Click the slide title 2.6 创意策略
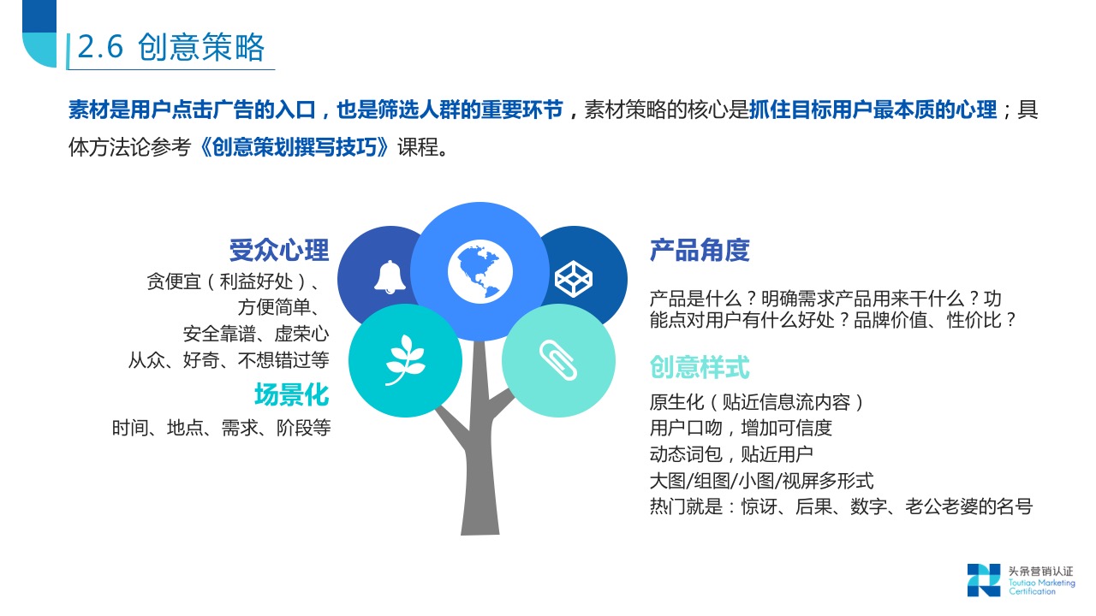pyautogui.click(x=171, y=48)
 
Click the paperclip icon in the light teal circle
pyautogui.click(x=557, y=360)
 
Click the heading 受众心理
pyautogui.click(x=279, y=251)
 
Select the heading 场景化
pyautogui.click(x=291, y=395)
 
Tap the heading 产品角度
pyautogui.click(x=700, y=251)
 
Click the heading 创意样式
pyautogui.click(x=700, y=367)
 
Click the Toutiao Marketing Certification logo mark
pyautogui.click(x=983, y=579)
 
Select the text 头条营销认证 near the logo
pyautogui.click(x=1040, y=571)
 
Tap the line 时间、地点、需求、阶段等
pyautogui.click(x=221, y=428)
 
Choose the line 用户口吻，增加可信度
pyautogui.click(x=741, y=428)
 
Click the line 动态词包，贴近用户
pyautogui.click(x=731, y=454)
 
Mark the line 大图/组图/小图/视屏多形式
pyautogui.click(x=761, y=481)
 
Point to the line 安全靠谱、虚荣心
pyautogui.click(x=256, y=334)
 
